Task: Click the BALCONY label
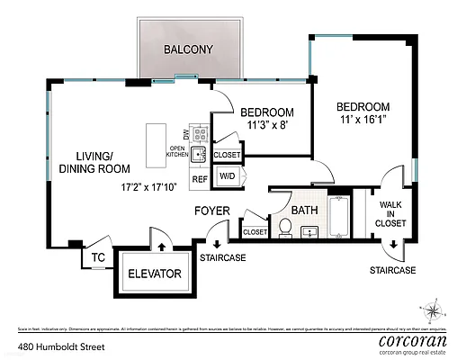187,49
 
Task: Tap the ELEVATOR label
155,274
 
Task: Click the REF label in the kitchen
200,177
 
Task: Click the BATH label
306,211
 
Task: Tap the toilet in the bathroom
285,229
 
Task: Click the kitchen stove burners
202,134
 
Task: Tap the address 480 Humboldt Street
58,345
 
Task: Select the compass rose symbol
435,311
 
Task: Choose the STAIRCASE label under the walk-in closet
393,270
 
